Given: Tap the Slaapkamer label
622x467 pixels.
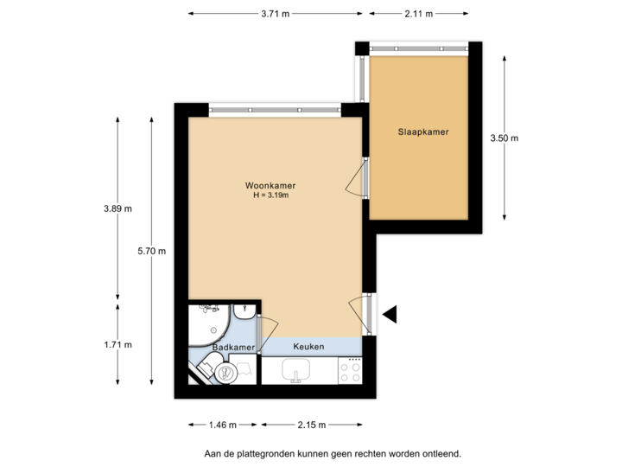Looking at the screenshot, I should point(423,132).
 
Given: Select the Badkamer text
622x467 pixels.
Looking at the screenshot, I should point(234,347).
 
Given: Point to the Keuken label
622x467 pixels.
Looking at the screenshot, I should point(308,347).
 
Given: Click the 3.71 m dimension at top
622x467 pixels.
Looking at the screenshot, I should point(276,14).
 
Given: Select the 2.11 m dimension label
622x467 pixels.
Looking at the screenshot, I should point(418,14).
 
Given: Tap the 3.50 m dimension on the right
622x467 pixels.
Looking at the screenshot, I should point(505,138).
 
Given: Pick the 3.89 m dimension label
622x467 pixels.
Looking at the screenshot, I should point(117,208).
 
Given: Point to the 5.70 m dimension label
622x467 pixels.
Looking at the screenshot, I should point(151,251).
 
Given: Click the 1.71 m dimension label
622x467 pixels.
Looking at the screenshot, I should point(117,344).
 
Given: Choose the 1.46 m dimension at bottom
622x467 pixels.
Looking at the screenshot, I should point(222,425).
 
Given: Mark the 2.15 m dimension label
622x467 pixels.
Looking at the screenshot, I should point(312,425).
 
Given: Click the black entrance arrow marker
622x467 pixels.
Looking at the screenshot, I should point(390,315).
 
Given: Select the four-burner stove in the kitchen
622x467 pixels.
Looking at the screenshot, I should point(350,372).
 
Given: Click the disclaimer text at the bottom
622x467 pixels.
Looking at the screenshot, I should point(333,452).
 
